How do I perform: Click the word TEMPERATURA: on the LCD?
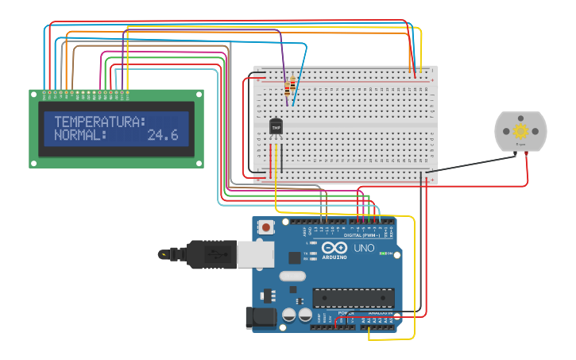(100, 122)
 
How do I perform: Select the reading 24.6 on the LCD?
(163, 136)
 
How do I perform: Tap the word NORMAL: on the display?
(80, 136)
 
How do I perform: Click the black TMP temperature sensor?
(276, 126)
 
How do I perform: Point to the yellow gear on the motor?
(521, 131)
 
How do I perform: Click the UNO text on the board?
(364, 248)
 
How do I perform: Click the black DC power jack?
(261, 318)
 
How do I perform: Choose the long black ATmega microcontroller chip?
(353, 298)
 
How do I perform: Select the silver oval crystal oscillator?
(292, 277)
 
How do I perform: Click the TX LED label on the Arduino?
(307, 253)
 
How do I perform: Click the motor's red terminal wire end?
(526, 153)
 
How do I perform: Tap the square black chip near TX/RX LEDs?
(295, 257)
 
